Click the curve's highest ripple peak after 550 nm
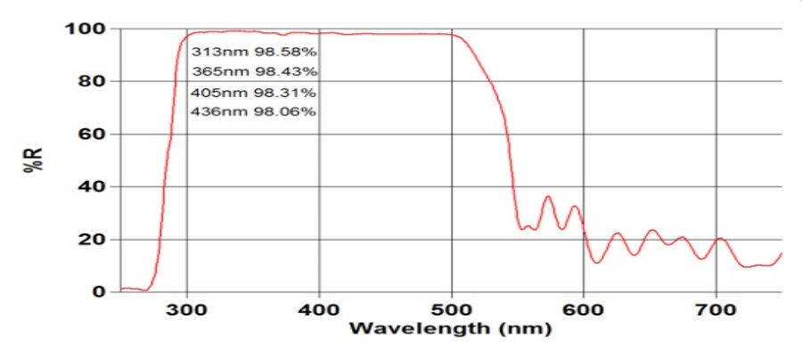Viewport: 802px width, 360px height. click(x=548, y=196)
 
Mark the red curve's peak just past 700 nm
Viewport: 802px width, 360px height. click(x=720, y=238)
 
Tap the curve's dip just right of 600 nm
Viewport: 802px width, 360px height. click(x=595, y=262)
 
